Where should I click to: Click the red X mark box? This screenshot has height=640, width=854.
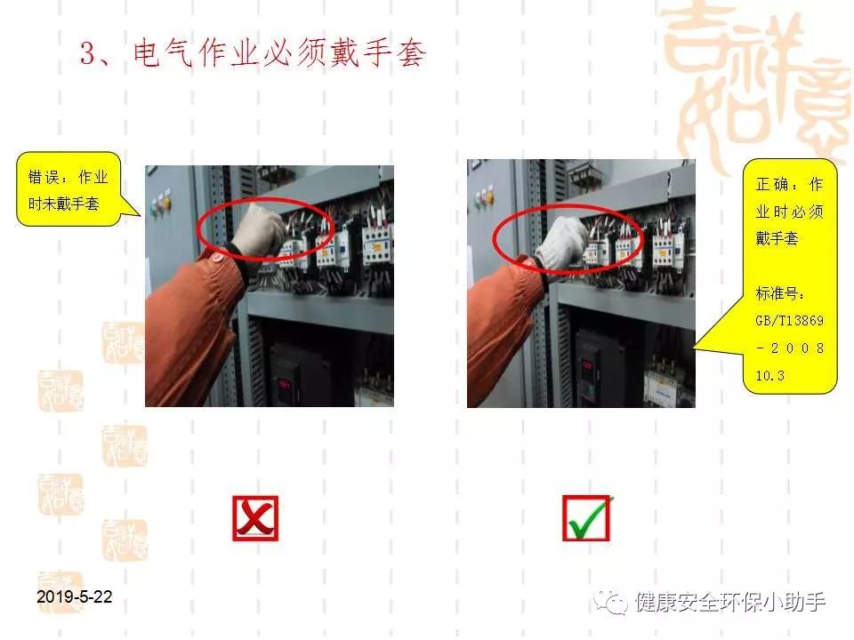tap(255, 518)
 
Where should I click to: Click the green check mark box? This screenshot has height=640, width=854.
tap(587, 518)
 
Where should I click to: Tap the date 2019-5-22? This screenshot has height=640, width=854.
tap(76, 596)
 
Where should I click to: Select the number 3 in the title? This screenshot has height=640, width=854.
tap(87, 54)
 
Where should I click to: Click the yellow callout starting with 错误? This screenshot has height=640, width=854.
tap(68, 189)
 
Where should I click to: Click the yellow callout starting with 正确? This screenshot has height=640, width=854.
tap(790, 276)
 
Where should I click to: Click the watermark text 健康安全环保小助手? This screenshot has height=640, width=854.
tap(729, 602)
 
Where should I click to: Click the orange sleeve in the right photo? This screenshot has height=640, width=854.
tap(507, 320)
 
